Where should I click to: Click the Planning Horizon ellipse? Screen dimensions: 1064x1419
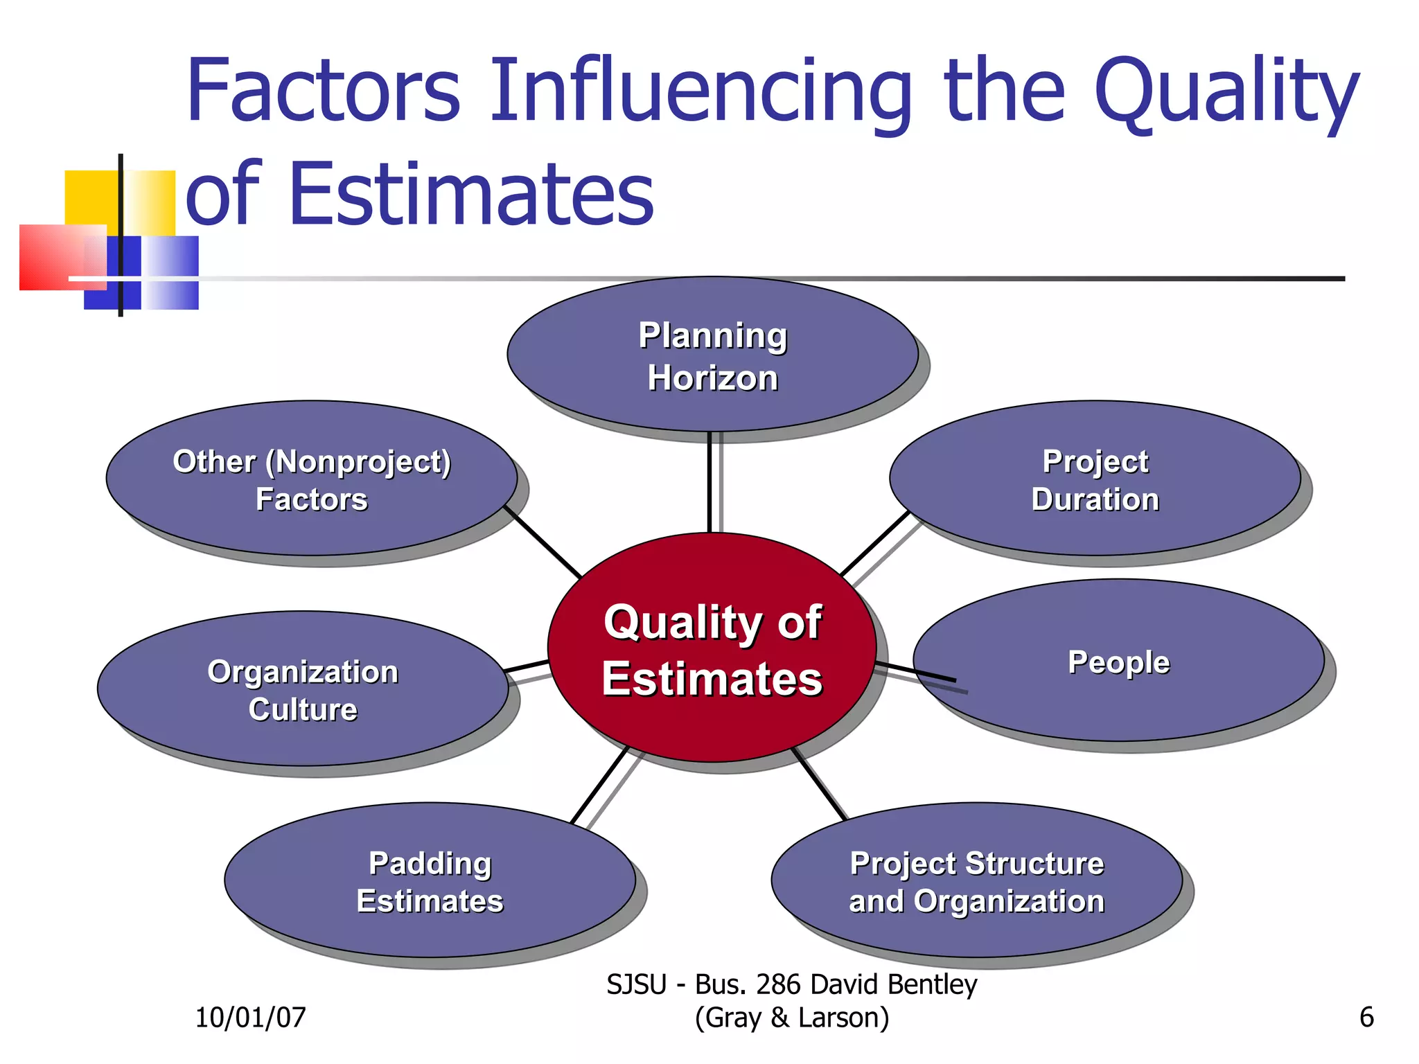tap(712, 355)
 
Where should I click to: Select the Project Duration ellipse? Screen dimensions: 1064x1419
tap(1095, 478)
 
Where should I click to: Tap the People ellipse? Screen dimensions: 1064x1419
tap(1118, 661)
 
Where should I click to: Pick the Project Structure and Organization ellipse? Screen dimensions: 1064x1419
tap(976, 880)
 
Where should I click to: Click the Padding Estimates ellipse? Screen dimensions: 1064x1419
tap(430, 880)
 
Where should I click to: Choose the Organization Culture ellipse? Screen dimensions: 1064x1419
tap(303, 689)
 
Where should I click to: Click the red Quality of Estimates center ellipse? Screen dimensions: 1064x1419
tap(712, 648)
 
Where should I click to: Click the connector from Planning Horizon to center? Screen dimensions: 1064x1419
tap(709, 482)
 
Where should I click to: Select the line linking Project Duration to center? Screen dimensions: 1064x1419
tap(874, 544)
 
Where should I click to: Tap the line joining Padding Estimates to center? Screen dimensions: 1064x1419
tap(599, 785)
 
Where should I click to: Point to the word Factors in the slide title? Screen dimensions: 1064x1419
tap(324, 91)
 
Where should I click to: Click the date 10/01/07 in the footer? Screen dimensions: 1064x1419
tap(250, 1018)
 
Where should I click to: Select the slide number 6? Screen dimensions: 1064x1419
tap(1366, 1018)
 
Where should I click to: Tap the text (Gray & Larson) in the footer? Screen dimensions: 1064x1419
tap(791, 1018)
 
